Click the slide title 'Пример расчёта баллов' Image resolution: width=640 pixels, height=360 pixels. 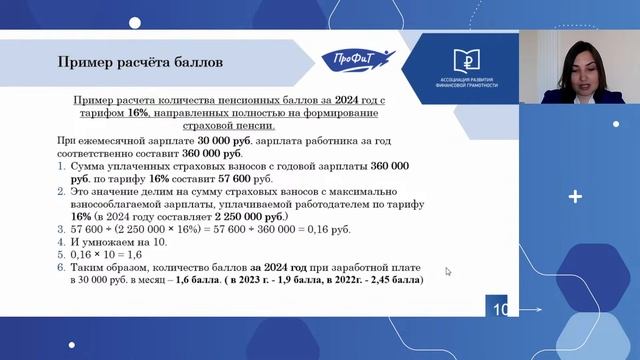(139, 63)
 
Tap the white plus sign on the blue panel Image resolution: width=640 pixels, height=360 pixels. (574, 197)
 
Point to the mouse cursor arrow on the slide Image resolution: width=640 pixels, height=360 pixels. (448, 271)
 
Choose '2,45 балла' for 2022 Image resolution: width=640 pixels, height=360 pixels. (394, 281)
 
